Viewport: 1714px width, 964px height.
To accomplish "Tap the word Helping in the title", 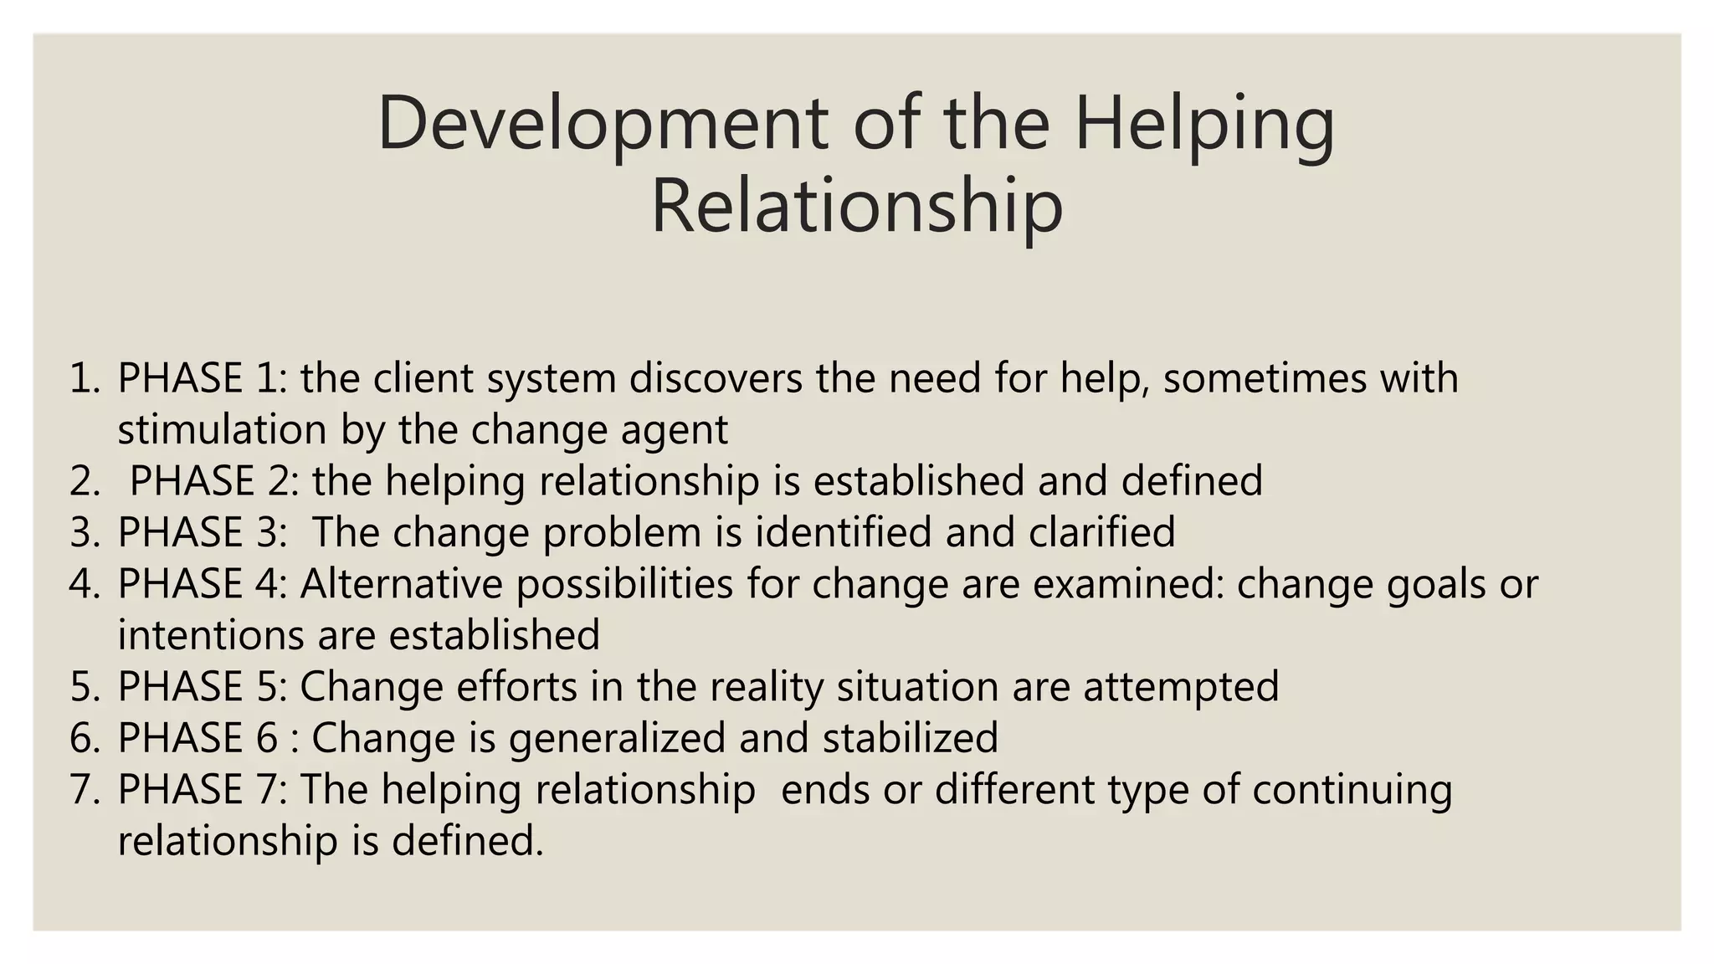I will (x=1204, y=123).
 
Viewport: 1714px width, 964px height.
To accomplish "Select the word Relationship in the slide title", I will (x=856, y=207).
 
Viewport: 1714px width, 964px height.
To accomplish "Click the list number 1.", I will (x=85, y=378).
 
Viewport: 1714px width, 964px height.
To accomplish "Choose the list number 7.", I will (x=85, y=789).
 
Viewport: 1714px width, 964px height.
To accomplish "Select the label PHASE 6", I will (x=198, y=738).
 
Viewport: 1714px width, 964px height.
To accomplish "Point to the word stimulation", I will (x=222, y=430).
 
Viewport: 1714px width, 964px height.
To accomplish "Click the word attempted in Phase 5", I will (x=1181, y=687).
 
